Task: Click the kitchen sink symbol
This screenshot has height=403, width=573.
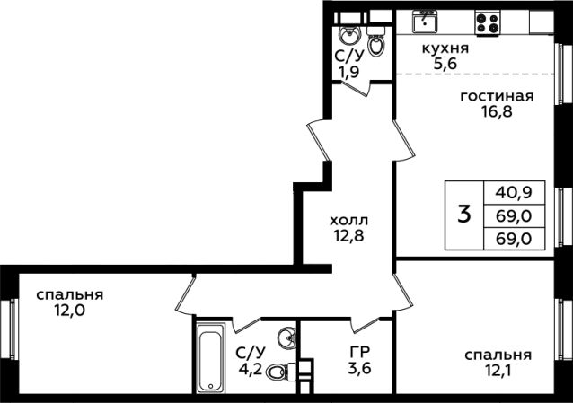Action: pyautogui.click(x=425, y=22)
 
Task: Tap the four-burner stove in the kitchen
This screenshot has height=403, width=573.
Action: pyautogui.click(x=488, y=22)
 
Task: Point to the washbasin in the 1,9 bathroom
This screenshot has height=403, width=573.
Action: pyautogui.click(x=350, y=35)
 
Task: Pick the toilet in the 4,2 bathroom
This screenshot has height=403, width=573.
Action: pyautogui.click(x=281, y=372)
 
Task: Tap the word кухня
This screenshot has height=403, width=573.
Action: pyautogui.click(x=445, y=48)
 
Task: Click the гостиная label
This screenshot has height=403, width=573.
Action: pyautogui.click(x=497, y=96)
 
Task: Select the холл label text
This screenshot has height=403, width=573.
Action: pyautogui.click(x=349, y=220)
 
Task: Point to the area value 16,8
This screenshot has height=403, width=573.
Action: pyautogui.click(x=497, y=111)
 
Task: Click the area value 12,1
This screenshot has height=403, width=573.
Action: pyautogui.click(x=498, y=371)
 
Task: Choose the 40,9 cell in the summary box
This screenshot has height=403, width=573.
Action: pyautogui.click(x=514, y=193)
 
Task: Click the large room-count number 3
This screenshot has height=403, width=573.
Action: pyautogui.click(x=464, y=215)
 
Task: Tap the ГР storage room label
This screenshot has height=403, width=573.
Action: pyautogui.click(x=360, y=351)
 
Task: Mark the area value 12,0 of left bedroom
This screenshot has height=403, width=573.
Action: pyautogui.click(x=69, y=311)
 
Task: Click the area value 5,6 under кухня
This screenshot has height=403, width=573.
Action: pyautogui.click(x=445, y=64)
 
